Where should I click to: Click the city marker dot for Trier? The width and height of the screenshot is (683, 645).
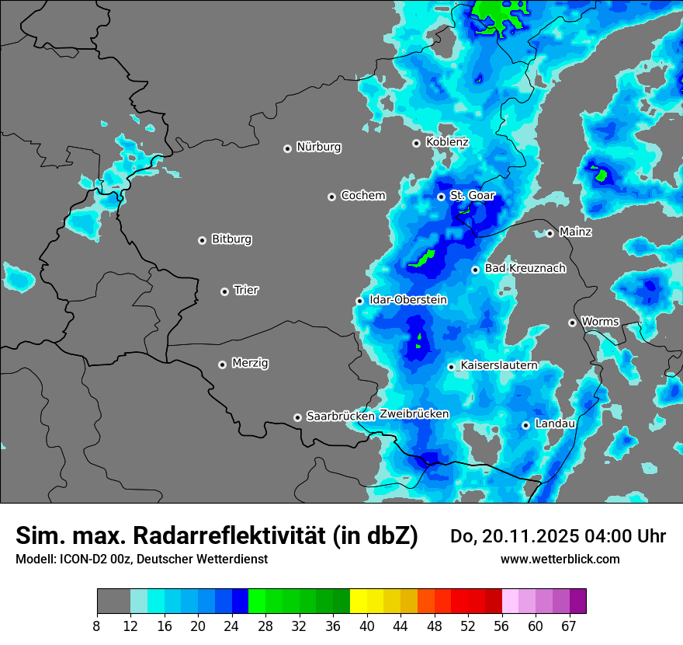[225, 291]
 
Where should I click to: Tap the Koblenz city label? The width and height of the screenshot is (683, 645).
[447, 142]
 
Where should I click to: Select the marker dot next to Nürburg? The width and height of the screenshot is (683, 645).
[287, 148]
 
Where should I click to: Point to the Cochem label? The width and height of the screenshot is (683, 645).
[362, 195]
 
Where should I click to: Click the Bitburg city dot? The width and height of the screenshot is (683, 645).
[202, 240]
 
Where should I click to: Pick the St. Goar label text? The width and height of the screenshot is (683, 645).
[472, 195]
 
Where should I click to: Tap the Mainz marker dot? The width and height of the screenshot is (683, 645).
[550, 233]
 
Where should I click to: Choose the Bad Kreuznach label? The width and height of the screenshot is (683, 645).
[525, 268]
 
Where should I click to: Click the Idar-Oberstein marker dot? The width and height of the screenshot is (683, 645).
[359, 301]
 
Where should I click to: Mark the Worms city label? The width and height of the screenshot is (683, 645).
[599, 321]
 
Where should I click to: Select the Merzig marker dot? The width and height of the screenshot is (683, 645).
[222, 364]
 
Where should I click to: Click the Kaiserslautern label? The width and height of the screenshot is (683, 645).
[498, 365]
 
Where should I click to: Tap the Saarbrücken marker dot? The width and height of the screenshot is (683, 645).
[297, 417]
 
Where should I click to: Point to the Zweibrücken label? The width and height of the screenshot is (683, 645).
[414, 413]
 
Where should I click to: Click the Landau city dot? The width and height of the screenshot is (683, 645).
[525, 425]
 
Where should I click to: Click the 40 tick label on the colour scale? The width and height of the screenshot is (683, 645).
[367, 626]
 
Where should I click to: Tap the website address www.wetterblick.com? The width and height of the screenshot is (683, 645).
[560, 559]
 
